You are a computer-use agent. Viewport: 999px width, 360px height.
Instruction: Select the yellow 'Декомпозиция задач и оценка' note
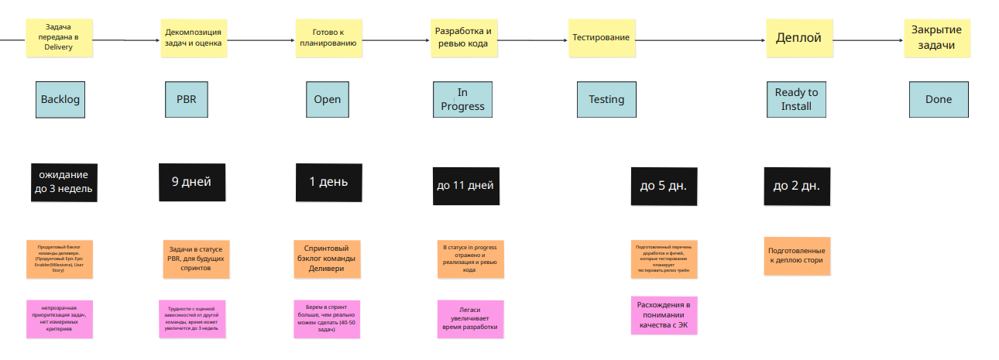[193, 38]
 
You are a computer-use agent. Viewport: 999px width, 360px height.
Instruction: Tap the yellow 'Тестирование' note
[601, 38]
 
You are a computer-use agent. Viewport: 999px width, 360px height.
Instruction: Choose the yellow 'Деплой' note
[798, 38]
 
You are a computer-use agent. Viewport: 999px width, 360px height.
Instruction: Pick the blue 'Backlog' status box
[60, 99]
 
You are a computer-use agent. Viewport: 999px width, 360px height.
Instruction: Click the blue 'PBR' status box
[187, 99]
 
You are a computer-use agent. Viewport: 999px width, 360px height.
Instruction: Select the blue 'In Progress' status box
[462, 99]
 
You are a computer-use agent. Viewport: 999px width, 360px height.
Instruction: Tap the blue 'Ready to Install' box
[796, 99]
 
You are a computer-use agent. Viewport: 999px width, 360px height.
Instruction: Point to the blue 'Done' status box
[938, 99]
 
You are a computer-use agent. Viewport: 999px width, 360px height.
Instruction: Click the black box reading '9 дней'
[191, 183]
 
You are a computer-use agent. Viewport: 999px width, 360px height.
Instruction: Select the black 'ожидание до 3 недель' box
[64, 183]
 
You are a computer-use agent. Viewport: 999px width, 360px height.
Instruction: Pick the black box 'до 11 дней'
[465, 186]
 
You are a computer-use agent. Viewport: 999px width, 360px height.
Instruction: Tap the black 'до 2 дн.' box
[797, 186]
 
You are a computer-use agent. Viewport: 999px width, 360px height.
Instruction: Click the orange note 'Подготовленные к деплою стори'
[797, 256]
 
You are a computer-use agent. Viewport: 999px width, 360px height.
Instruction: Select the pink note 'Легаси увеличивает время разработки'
[470, 319]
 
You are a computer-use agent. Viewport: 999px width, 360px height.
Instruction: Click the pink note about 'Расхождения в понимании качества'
[664, 315]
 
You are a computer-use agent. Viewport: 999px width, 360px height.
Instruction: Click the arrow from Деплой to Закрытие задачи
[867, 40]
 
